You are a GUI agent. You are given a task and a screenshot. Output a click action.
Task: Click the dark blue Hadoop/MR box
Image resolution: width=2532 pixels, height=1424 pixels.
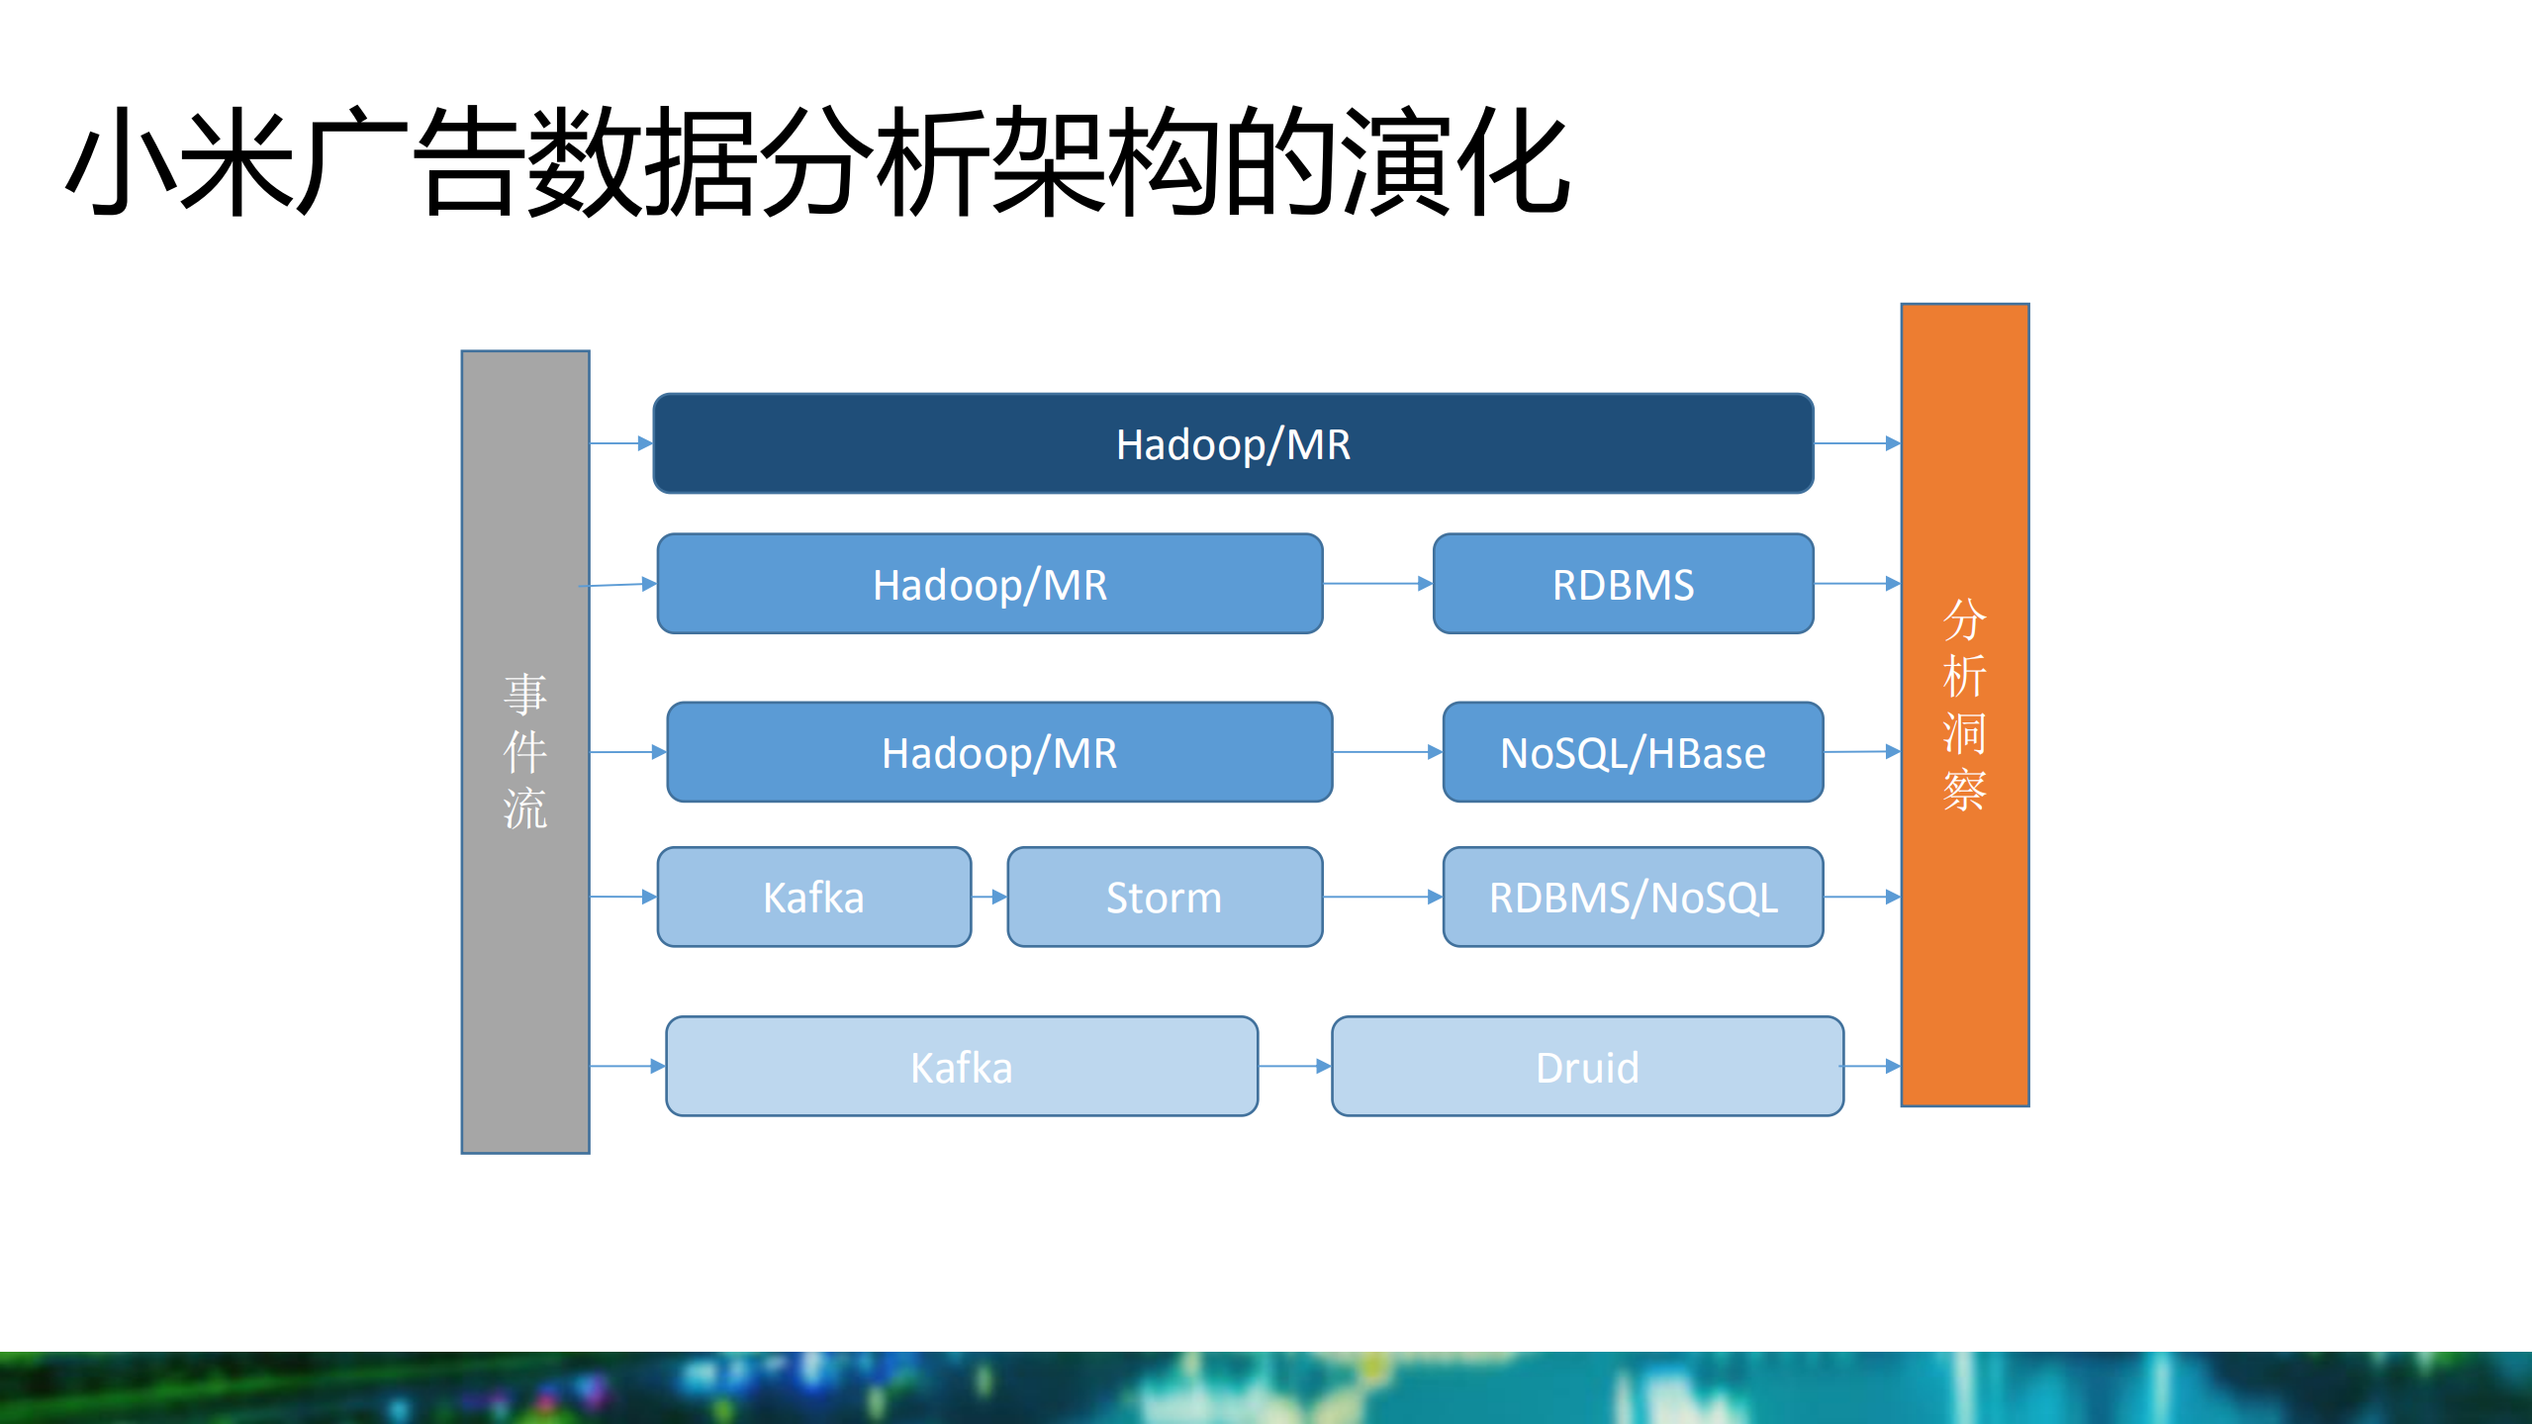pos(1233,443)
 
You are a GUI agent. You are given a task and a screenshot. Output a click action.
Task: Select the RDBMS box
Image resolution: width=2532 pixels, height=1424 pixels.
pos(1623,584)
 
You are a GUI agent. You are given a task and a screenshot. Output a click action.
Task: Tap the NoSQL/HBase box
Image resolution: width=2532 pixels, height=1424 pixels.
pos(1633,752)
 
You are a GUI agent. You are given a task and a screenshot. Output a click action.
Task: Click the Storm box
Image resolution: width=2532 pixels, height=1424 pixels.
pos(1165,897)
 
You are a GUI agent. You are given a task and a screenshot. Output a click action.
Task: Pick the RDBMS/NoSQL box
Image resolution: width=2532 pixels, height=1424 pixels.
pos(1633,897)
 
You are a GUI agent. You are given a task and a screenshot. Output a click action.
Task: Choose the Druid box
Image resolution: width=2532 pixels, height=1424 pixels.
pos(1587,1067)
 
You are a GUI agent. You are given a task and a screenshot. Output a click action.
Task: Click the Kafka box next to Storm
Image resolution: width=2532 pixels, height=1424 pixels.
pos(813,897)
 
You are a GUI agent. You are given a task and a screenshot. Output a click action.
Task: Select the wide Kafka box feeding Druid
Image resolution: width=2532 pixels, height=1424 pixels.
pos(961,1067)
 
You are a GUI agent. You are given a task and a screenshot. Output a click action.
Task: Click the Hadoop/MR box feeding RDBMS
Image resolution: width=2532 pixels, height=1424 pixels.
pos(989,584)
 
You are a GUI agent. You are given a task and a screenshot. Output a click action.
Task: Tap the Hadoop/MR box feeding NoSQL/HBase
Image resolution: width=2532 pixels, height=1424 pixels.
pos(999,752)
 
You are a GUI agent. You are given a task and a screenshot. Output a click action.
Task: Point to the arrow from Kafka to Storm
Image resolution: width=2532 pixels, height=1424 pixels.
pos(989,897)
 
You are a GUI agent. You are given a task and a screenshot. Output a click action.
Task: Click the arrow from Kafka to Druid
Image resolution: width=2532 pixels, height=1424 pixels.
pos(1294,1066)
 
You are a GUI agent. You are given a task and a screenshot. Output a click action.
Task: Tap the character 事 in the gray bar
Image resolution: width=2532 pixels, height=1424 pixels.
pos(524,694)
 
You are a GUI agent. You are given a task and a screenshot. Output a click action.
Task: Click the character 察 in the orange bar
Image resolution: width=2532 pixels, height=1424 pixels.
pos(1964,790)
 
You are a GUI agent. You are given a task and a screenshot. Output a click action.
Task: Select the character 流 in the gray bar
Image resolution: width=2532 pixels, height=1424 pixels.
pos(524,808)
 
